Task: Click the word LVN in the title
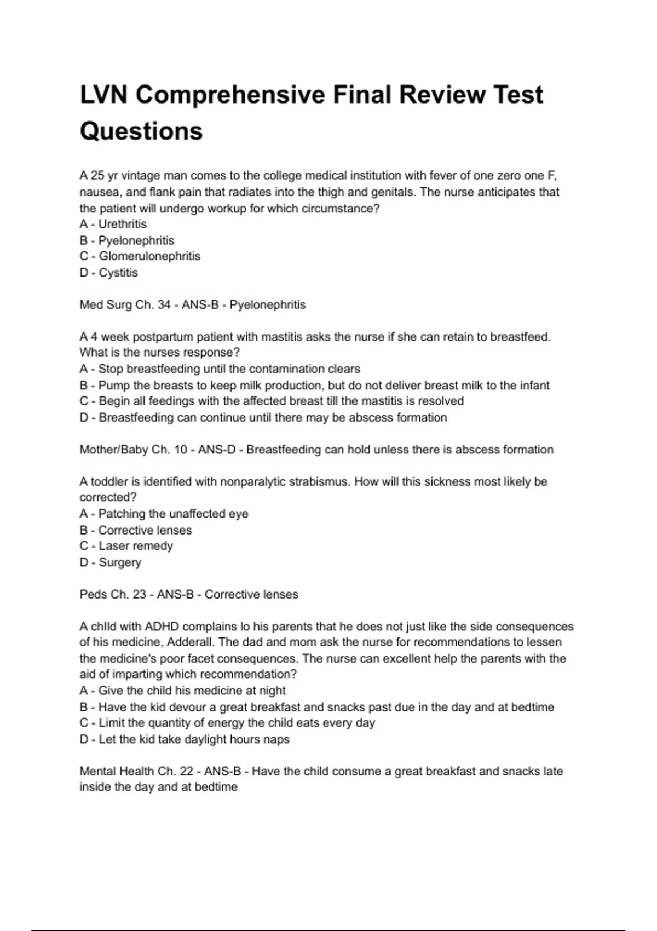[103, 95]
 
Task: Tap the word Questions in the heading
[141, 131]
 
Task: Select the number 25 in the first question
[97, 176]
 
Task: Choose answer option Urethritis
[122, 224]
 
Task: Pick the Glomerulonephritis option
[149, 256]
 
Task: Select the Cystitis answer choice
[118, 273]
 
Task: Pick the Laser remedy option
[135, 546]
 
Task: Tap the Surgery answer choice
[120, 562]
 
